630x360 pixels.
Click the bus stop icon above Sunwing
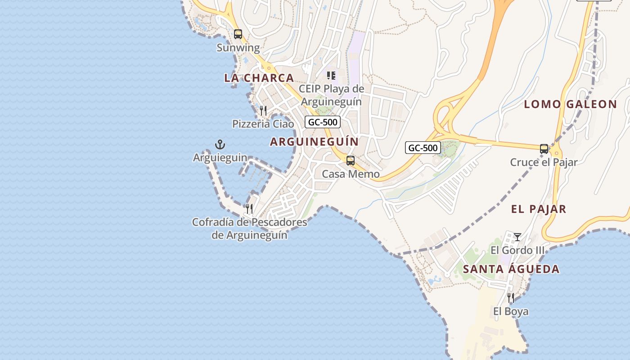point(238,34)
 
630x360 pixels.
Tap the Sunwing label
point(238,48)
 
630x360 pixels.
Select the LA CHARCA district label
point(259,78)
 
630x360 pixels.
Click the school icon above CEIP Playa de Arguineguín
point(331,76)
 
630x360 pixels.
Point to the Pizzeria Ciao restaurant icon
point(263,110)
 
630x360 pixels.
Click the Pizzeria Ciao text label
point(263,124)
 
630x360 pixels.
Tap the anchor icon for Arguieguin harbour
point(220,144)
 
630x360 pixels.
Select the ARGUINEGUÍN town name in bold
point(315,142)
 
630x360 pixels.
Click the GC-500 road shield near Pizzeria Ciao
point(322,122)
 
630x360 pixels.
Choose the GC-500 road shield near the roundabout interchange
point(423,148)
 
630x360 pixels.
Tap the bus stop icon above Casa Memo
point(351,161)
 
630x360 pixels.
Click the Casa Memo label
point(351,174)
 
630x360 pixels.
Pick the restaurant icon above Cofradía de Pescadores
point(249,209)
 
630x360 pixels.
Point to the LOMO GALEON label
point(571,104)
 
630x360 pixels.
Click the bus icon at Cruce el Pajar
point(544,148)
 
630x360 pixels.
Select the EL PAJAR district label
point(539,209)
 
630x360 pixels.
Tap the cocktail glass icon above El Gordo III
point(517,237)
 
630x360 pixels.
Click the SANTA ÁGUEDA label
point(511,269)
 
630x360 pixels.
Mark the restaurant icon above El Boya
point(511,298)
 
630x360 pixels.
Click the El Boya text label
point(511,311)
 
